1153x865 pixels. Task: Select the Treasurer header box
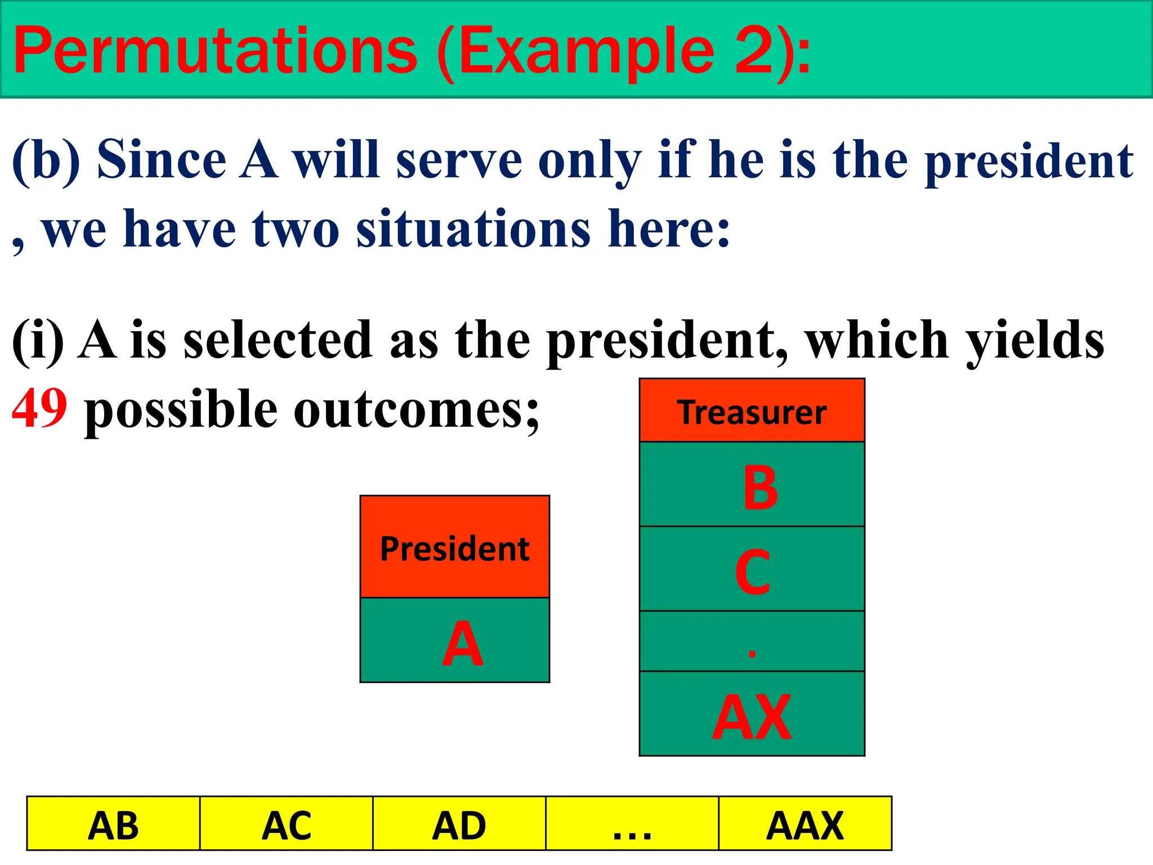point(752,411)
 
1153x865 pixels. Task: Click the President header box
point(454,547)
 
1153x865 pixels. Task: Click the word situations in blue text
point(473,229)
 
